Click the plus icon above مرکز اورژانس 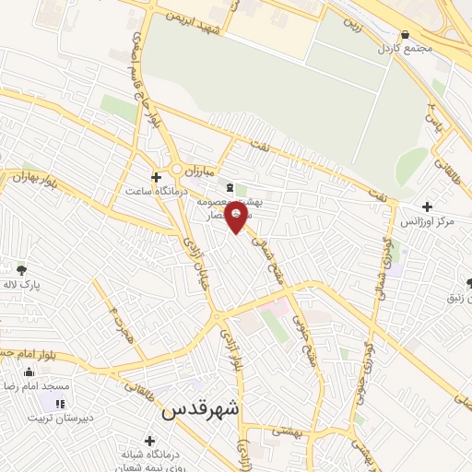coord(426,207)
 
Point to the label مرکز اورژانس coord(424,222)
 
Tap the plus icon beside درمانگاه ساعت coord(156,177)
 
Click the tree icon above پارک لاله coord(21,269)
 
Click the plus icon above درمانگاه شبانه coord(149,440)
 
